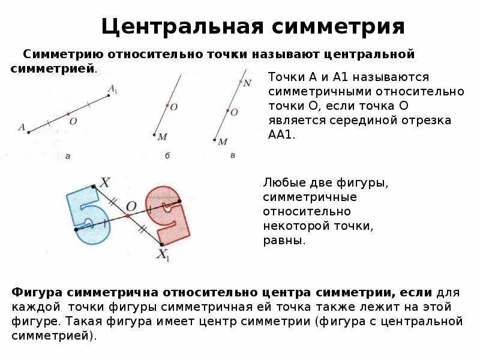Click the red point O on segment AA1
tap(68, 113)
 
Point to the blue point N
tap(241, 81)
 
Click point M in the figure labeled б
tap(154, 135)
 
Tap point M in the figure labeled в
tap(215, 140)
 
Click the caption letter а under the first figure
tap(68, 156)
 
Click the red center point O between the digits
tap(127, 215)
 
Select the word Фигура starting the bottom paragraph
tap(37, 292)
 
